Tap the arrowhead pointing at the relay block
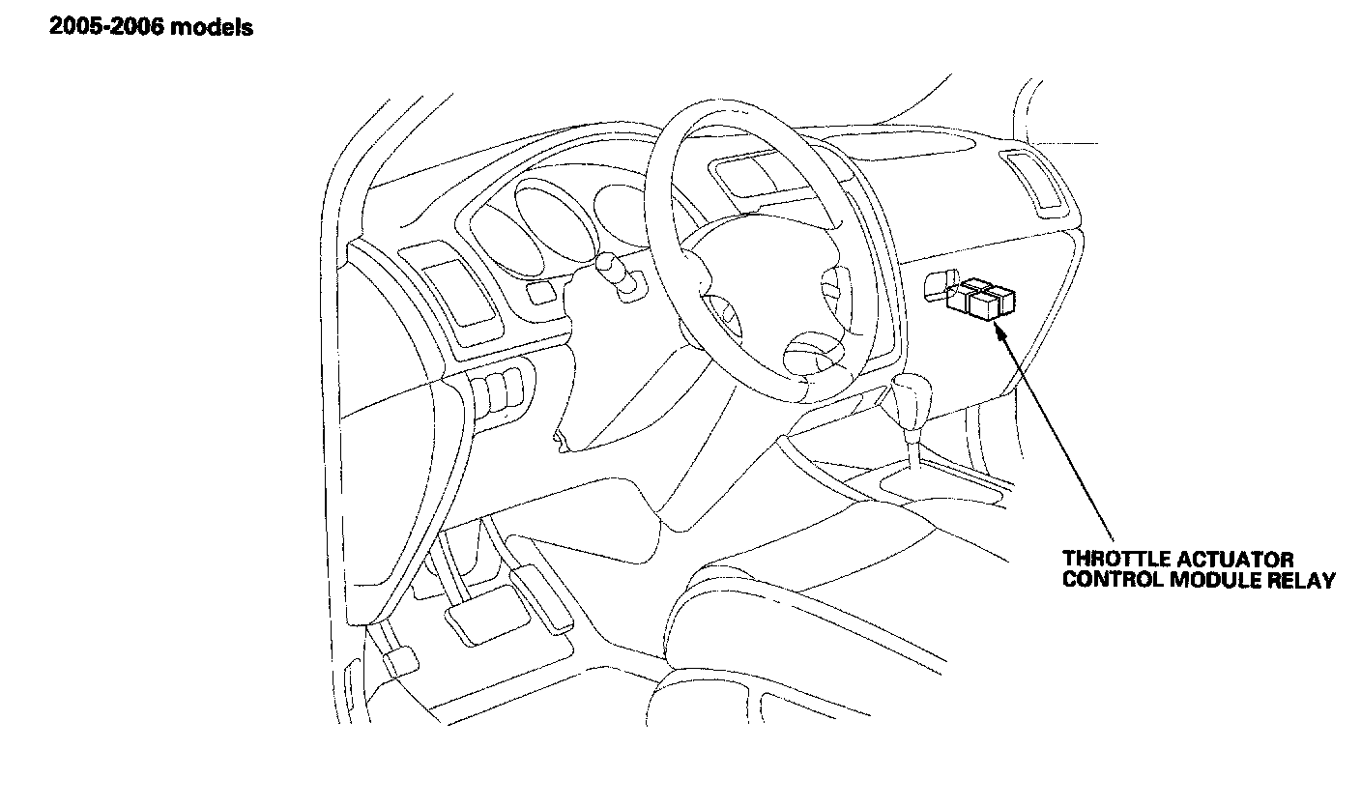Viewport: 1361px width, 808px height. (999, 330)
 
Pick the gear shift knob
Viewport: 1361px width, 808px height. (908, 396)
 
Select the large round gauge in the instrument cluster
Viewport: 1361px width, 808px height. (548, 217)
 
